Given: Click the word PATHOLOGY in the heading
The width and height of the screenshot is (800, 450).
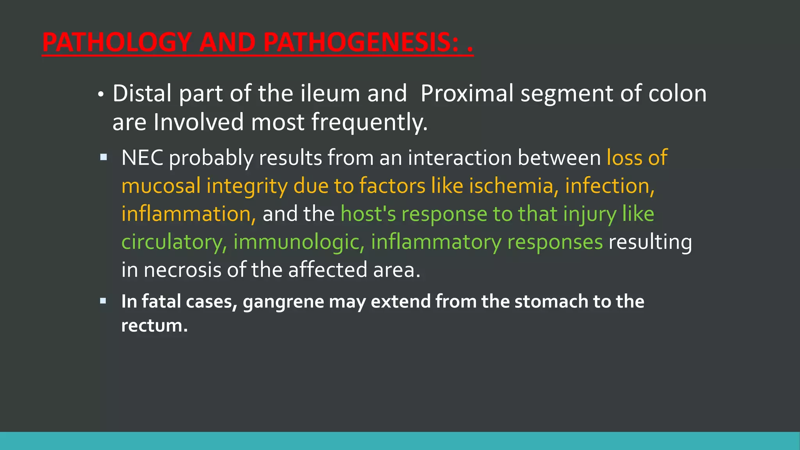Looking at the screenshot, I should (117, 42).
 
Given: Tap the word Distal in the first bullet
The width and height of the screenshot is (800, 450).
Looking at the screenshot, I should (142, 94).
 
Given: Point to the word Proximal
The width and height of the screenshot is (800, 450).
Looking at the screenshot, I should (467, 94).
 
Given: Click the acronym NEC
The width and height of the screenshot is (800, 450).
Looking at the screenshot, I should (142, 158).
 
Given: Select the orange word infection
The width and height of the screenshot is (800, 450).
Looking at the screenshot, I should (609, 186).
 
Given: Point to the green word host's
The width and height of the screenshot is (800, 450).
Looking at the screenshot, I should (368, 214).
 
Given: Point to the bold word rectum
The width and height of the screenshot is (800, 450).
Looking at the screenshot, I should (154, 326).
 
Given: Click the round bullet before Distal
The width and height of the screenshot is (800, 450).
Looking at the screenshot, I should (101, 95).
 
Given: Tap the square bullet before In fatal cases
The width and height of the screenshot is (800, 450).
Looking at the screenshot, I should (103, 301).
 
